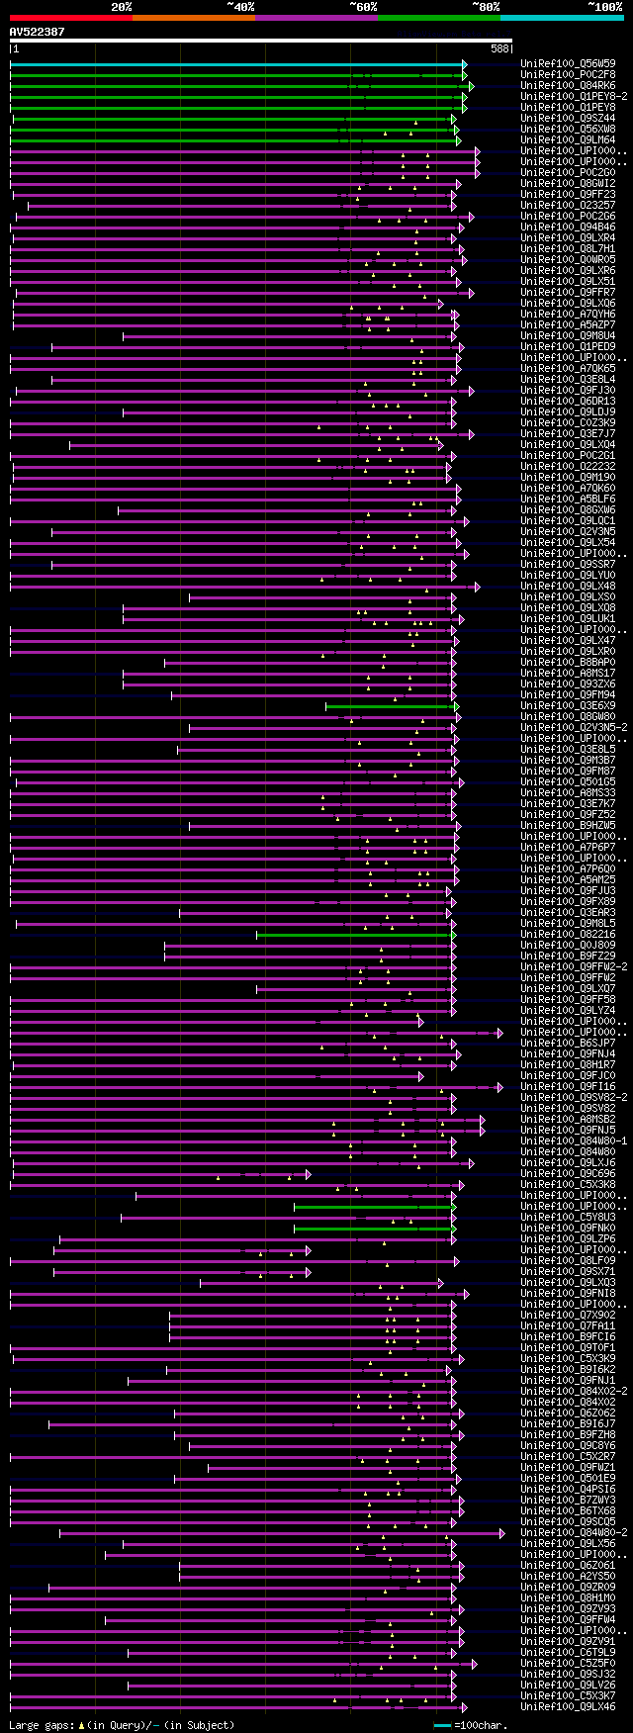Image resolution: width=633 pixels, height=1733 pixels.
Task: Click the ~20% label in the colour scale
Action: pos(122,7)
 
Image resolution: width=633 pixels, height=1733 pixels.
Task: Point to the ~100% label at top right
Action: pos(605,7)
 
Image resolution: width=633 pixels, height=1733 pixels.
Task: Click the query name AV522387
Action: pos(38,32)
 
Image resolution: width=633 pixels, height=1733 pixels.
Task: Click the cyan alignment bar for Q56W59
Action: pos(237,64)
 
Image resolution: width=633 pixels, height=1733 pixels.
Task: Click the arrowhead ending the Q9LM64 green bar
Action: pos(457,140)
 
